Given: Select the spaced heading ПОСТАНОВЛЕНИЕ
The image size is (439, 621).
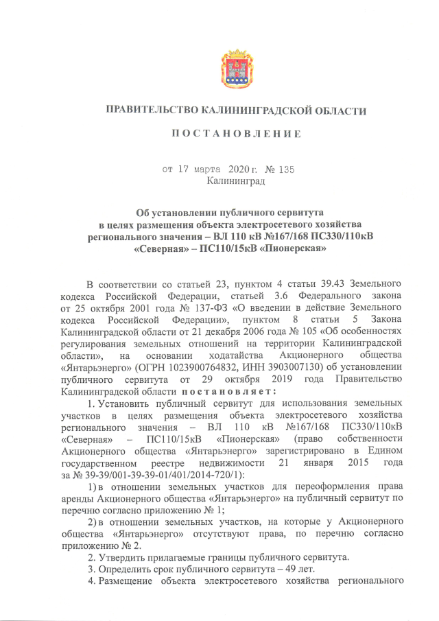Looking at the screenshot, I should click(x=235, y=133).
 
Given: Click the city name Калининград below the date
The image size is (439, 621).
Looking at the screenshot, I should click(x=235, y=180).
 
